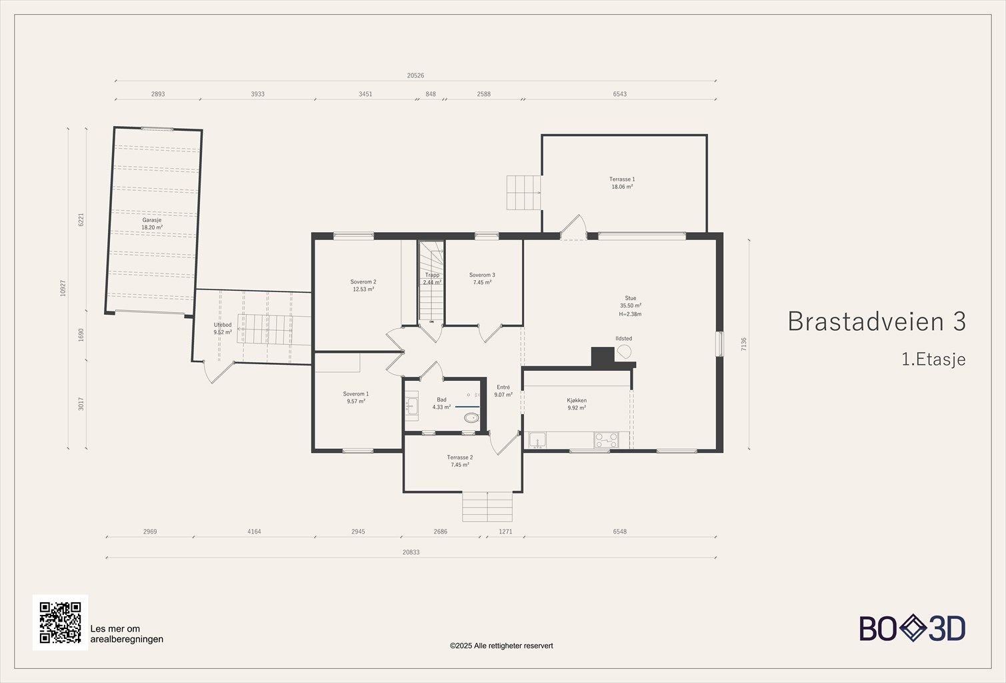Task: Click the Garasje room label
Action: pyautogui.click(x=152, y=220)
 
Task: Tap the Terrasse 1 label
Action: pyautogui.click(x=622, y=179)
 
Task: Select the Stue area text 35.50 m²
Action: pyautogui.click(x=631, y=305)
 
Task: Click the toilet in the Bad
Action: pyautogui.click(x=471, y=418)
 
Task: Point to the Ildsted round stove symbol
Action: pyautogui.click(x=624, y=352)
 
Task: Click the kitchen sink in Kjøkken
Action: pyautogui.click(x=537, y=440)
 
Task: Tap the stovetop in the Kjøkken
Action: pyautogui.click(x=606, y=440)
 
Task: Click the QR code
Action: pyautogui.click(x=60, y=622)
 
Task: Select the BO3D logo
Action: pyautogui.click(x=912, y=628)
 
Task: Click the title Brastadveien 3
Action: pyautogui.click(x=877, y=321)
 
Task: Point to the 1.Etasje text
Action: pyautogui.click(x=934, y=360)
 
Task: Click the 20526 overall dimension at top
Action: pyautogui.click(x=415, y=75)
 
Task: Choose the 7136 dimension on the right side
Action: pyautogui.click(x=744, y=344)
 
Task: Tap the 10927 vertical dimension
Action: pyautogui.click(x=63, y=288)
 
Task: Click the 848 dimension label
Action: pyautogui.click(x=430, y=94)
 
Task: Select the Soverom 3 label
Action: pyautogui.click(x=482, y=275)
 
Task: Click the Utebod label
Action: pyautogui.click(x=223, y=325)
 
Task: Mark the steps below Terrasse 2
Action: pyautogui.click(x=487, y=507)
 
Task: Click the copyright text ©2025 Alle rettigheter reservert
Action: pyautogui.click(x=501, y=646)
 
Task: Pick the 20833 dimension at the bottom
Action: pyautogui.click(x=411, y=552)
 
